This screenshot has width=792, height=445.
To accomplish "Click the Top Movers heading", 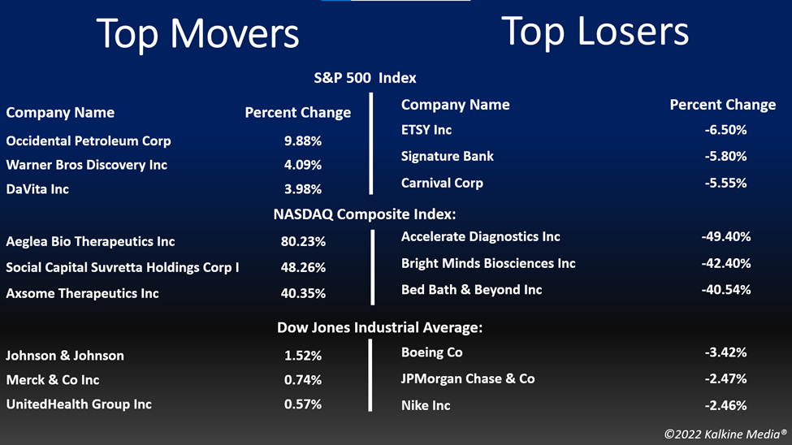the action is point(197,34).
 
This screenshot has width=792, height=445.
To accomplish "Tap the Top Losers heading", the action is point(595,32).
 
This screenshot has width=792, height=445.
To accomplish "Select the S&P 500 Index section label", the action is point(366,78).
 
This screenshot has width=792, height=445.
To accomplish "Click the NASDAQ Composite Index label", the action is point(365,214).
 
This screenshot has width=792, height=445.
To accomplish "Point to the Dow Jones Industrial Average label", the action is point(380,327).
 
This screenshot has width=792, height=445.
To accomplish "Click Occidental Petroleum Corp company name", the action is point(89,141).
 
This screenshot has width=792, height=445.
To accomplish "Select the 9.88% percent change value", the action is point(302,141).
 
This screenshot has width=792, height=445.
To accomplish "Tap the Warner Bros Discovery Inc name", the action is point(86,165).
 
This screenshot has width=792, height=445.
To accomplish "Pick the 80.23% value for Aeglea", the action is point(303,241).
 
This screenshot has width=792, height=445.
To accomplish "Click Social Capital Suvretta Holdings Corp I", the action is point(122,267).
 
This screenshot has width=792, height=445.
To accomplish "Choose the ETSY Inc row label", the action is point(426,130).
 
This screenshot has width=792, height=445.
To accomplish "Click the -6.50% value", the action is point(726,130).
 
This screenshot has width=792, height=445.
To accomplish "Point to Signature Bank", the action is point(447,157).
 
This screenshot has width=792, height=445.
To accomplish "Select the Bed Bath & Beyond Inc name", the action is point(471,290).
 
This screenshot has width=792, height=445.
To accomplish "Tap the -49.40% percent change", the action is point(726,236).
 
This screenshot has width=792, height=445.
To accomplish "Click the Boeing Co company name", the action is point(432,352).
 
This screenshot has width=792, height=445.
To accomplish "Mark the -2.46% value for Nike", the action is point(726,405).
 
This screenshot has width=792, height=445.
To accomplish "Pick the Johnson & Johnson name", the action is point(65,356).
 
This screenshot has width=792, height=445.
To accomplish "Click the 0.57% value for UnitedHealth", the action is point(302,404).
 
